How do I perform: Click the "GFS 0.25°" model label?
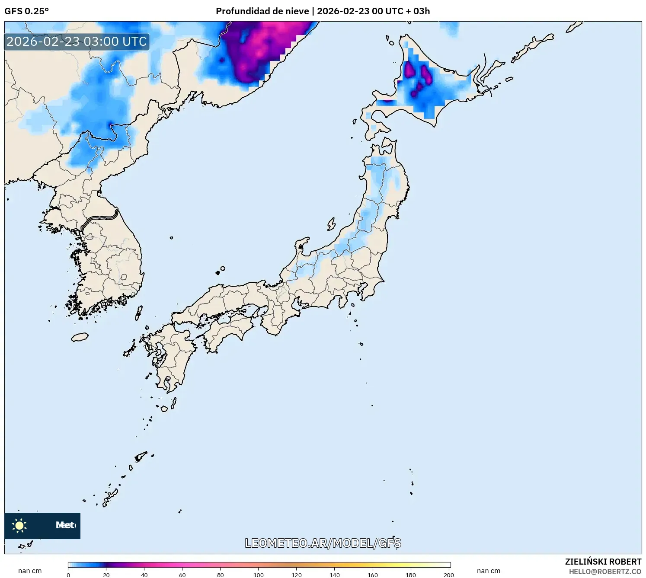(x=26, y=11)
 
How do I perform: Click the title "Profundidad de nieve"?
(x=262, y=11)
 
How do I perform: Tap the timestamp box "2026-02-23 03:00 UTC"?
(x=77, y=42)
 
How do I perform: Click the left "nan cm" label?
(x=30, y=571)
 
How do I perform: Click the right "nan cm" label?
(x=489, y=571)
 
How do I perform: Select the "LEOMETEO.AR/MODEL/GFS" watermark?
(x=323, y=543)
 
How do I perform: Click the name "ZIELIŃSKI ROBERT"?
(x=603, y=562)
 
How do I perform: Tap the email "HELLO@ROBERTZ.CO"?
(x=604, y=572)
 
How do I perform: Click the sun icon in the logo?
(x=19, y=526)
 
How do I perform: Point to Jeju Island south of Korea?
(x=80, y=337)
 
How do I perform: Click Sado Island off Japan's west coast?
(x=331, y=224)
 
